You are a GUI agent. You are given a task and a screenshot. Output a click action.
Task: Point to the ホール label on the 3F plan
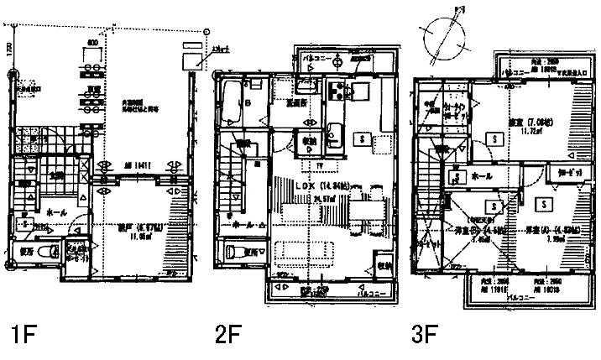pyautogui.click(x=482, y=177)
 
